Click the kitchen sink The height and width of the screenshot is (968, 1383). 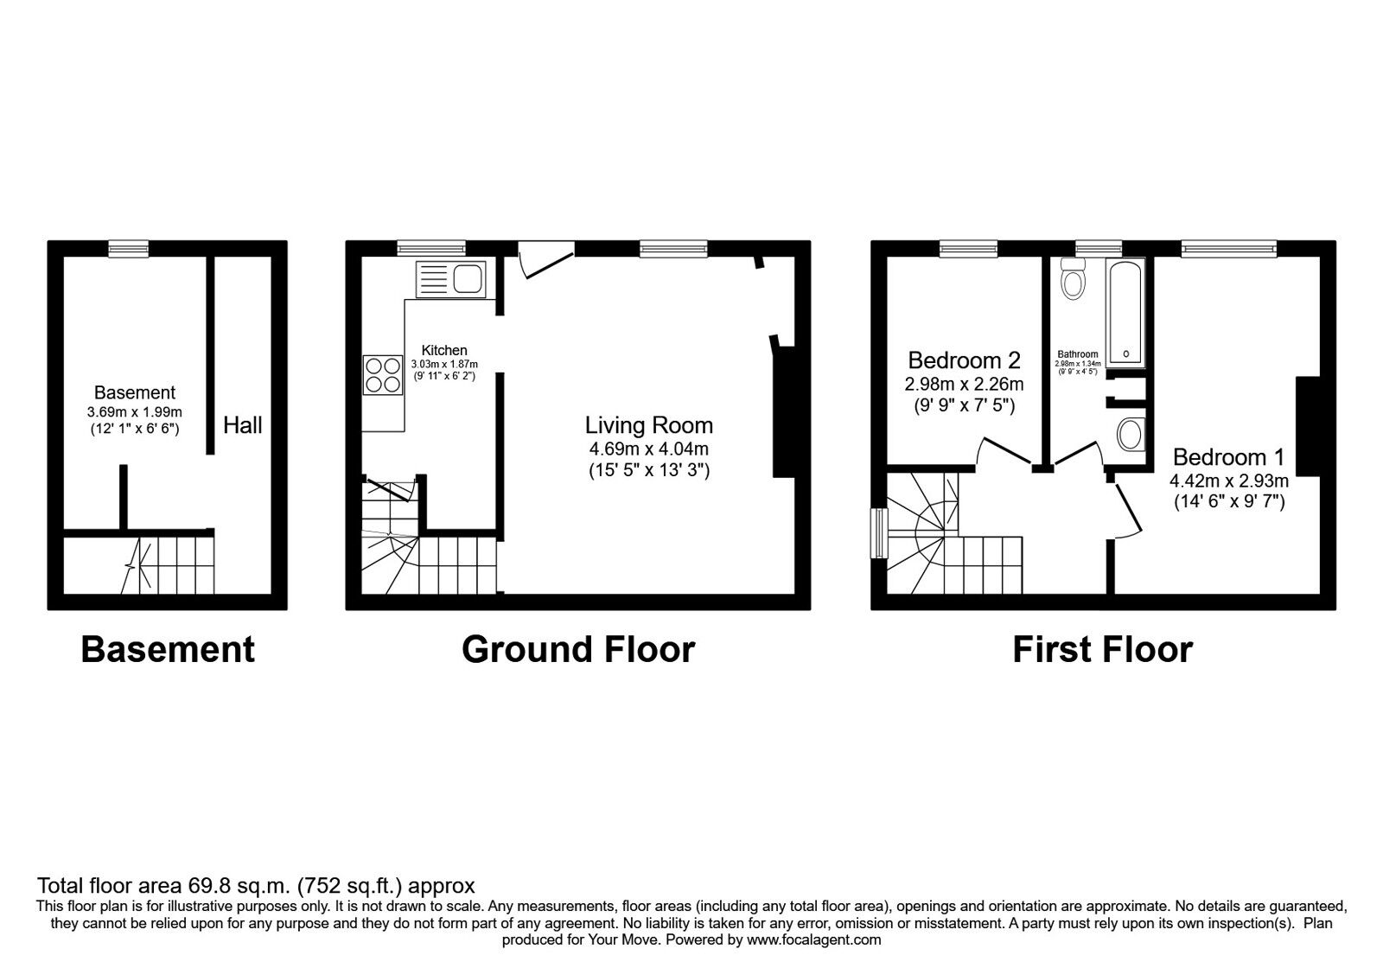pos(452,279)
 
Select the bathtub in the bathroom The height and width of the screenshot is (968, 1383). pos(1125,312)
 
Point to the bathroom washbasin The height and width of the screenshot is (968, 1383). pos(1131,434)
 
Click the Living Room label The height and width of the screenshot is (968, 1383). pos(649,425)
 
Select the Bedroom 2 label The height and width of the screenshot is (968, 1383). pos(964,360)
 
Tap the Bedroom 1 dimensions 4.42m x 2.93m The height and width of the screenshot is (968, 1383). pos(1229,481)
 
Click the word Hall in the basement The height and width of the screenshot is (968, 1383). pos(243,425)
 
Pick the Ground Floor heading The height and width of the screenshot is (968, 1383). pos(577,650)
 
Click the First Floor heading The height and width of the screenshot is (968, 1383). pos(1102,650)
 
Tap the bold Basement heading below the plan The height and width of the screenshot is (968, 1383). pos(168,650)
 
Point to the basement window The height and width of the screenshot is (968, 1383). pos(128,249)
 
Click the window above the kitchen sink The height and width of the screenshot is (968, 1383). pos(431,249)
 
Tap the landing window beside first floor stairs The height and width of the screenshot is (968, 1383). pos(879,532)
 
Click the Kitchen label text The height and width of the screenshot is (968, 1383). pos(444,350)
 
